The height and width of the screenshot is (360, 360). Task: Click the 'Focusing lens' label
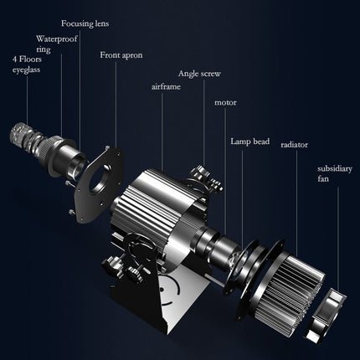(x=85, y=23)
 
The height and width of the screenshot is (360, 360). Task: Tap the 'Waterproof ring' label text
(x=56, y=44)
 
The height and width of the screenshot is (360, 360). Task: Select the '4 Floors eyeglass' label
(x=27, y=64)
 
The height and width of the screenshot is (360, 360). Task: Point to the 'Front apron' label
(x=121, y=55)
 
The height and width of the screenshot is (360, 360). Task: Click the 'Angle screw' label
(x=199, y=74)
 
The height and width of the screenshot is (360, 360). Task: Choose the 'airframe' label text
(x=166, y=87)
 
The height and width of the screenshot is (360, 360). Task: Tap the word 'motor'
(x=225, y=102)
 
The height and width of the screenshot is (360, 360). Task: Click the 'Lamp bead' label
(x=249, y=141)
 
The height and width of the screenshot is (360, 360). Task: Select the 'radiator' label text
(x=294, y=145)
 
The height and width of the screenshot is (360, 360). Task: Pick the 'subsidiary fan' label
(x=334, y=173)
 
